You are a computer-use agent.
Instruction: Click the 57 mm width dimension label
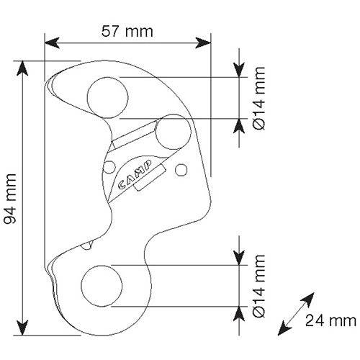(127, 32)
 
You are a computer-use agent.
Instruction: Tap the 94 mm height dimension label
(11, 199)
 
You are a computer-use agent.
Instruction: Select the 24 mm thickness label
(330, 320)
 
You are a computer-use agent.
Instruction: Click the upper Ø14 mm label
(259, 98)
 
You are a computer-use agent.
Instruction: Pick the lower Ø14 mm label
(259, 286)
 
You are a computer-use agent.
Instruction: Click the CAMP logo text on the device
(135, 174)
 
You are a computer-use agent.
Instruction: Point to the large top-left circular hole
(107, 98)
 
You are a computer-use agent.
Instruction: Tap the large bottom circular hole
(102, 286)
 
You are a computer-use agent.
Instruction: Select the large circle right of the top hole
(174, 132)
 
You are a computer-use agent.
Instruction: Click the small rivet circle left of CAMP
(109, 167)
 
